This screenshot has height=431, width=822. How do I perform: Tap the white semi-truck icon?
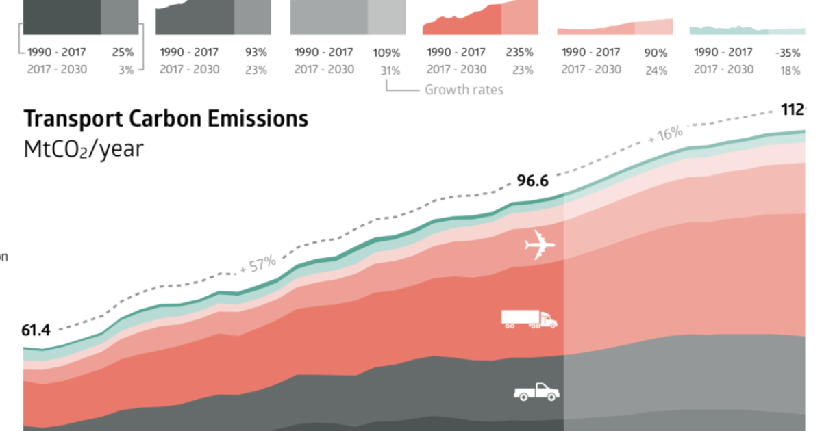[529, 319]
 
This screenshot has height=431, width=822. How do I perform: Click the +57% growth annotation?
[258, 264]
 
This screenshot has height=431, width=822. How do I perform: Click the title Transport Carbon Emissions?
[166, 119]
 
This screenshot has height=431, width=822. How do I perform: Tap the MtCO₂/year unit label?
[84, 150]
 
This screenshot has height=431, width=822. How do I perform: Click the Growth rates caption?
[464, 90]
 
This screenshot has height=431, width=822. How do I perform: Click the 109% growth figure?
[386, 53]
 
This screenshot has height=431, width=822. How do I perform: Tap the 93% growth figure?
[256, 53]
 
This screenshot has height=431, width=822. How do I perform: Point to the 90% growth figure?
[656, 53]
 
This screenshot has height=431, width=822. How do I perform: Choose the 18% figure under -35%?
[793, 70]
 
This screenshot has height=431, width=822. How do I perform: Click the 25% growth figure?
[122, 53]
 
